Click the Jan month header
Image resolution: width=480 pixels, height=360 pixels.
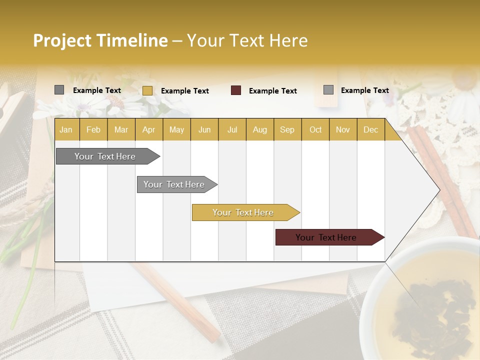66,129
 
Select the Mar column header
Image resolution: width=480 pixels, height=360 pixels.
121,129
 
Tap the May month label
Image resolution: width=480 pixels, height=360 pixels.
176,129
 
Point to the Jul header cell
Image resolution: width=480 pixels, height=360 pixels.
232,129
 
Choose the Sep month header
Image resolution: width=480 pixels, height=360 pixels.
287,129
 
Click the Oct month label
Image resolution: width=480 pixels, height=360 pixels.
315,129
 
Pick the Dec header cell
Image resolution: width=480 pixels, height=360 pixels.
370,129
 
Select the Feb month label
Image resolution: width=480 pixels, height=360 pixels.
93,129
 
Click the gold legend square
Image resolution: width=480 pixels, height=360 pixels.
147,90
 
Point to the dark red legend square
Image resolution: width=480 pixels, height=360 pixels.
236,90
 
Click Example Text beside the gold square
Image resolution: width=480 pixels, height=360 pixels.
185,91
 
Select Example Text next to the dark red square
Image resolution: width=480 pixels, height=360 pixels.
273,91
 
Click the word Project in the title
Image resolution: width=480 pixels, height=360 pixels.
62,40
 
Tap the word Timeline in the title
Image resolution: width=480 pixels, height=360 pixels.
132,40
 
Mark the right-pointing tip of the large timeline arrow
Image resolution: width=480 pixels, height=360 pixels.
438,190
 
